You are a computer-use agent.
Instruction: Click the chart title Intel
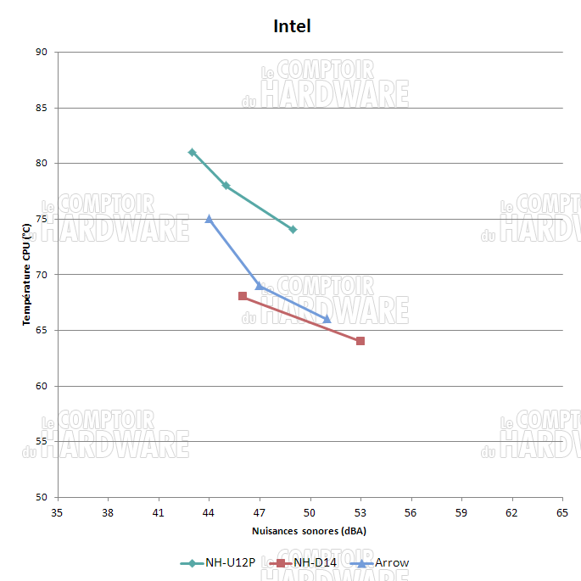pos(292,26)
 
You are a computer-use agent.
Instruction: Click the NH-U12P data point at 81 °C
pos(192,153)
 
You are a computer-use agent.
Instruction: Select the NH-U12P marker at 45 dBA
pos(226,186)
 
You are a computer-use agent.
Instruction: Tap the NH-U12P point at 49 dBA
pos(293,230)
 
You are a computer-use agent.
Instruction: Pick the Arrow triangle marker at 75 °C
pos(209,219)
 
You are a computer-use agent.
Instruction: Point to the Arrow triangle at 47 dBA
pos(260,286)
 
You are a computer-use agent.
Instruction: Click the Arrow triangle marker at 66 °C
pos(327,319)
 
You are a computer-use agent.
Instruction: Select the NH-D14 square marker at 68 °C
pos(243,296)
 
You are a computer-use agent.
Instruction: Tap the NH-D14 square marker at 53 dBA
pos(360,341)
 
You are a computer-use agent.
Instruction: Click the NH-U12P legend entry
pos(218,562)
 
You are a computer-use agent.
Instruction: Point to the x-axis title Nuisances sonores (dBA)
pos(309,531)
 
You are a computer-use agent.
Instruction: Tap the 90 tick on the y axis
pos(42,53)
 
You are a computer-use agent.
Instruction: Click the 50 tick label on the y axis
pos(42,497)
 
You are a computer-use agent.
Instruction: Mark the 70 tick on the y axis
pos(42,275)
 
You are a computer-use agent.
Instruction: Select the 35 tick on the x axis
pos(57,513)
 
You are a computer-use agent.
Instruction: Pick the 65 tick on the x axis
pos(561,513)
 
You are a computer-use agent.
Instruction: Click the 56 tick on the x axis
pos(411,513)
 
